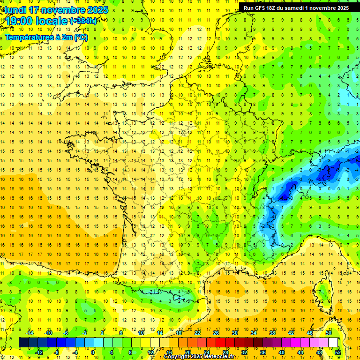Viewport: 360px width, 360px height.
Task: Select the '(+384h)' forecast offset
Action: click(x=83, y=21)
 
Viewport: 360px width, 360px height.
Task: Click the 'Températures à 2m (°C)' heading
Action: click(x=46, y=37)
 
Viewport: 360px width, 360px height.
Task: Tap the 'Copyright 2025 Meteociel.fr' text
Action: click(x=199, y=357)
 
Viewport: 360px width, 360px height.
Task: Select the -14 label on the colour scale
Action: click(x=30, y=333)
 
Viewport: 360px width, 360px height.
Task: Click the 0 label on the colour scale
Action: click(x=92, y=352)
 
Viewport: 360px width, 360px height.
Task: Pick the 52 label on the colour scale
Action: click(x=337, y=352)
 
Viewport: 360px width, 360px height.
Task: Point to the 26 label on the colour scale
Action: click(x=216, y=333)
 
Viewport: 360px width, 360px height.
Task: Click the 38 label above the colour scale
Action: click(x=272, y=333)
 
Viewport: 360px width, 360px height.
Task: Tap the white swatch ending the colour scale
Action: click(x=333, y=343)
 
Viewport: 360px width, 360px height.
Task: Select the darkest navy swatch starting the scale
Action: click(x=23, y=343)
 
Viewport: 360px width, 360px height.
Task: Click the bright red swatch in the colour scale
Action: click(x=220, y=343)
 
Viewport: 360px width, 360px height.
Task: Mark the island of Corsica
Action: click(x=321, y=291)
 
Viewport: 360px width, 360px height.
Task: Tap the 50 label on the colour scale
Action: click(x=329, y=333)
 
